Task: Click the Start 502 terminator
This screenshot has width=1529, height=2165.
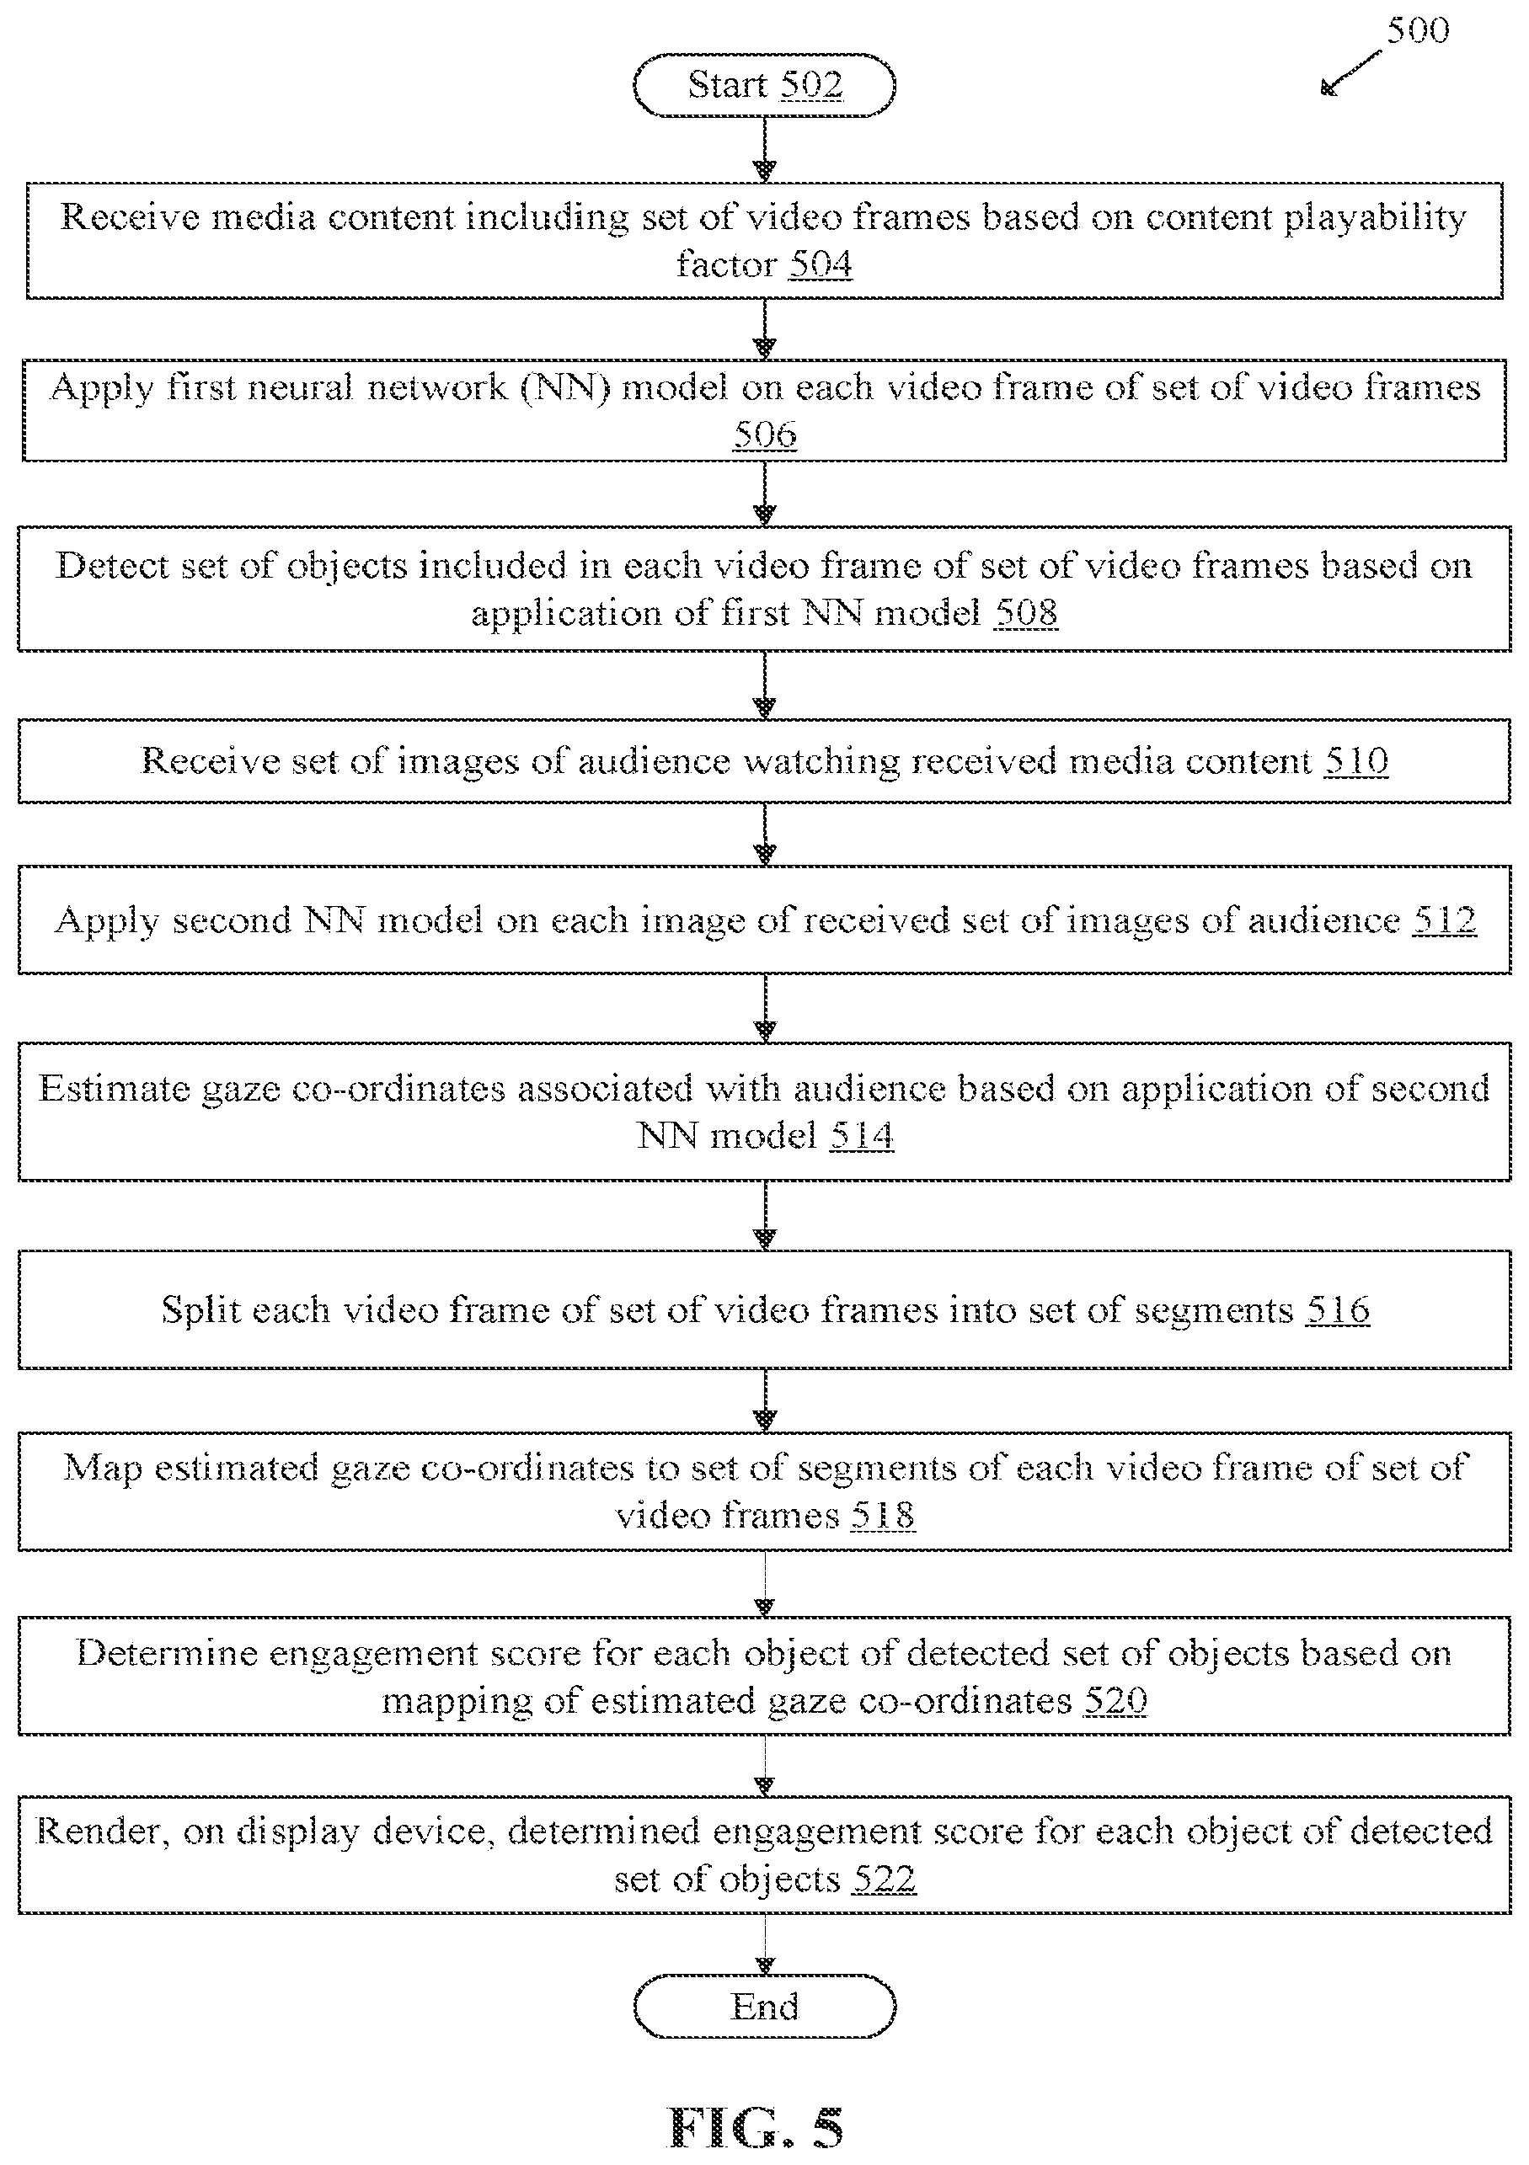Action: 764,86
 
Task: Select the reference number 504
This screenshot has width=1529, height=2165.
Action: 821,265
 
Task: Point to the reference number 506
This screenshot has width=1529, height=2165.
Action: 765,435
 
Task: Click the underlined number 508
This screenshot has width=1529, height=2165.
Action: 1026,614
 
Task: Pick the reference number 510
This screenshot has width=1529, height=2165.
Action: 1356,761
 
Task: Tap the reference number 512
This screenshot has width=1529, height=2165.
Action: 1444,920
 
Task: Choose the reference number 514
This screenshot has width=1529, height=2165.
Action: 862,1135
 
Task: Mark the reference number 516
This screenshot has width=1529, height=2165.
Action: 1338,1310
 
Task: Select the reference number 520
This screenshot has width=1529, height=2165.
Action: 1115,1701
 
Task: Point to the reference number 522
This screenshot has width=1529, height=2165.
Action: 884,1880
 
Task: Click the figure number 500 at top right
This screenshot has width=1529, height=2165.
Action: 1418,31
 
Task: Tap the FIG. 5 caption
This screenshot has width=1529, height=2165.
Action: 756,2128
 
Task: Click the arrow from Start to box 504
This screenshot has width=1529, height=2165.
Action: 765,149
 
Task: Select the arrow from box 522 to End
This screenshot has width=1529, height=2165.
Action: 765,1944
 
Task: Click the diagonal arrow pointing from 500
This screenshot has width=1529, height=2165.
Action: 1350,72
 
